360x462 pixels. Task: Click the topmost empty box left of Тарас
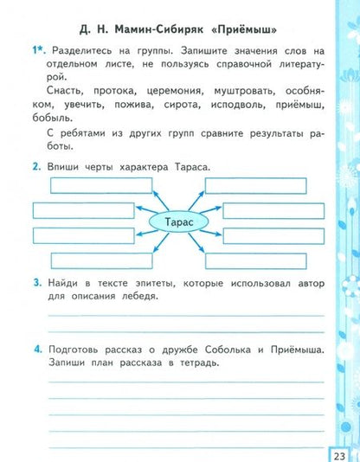click(x=88, y=184)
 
